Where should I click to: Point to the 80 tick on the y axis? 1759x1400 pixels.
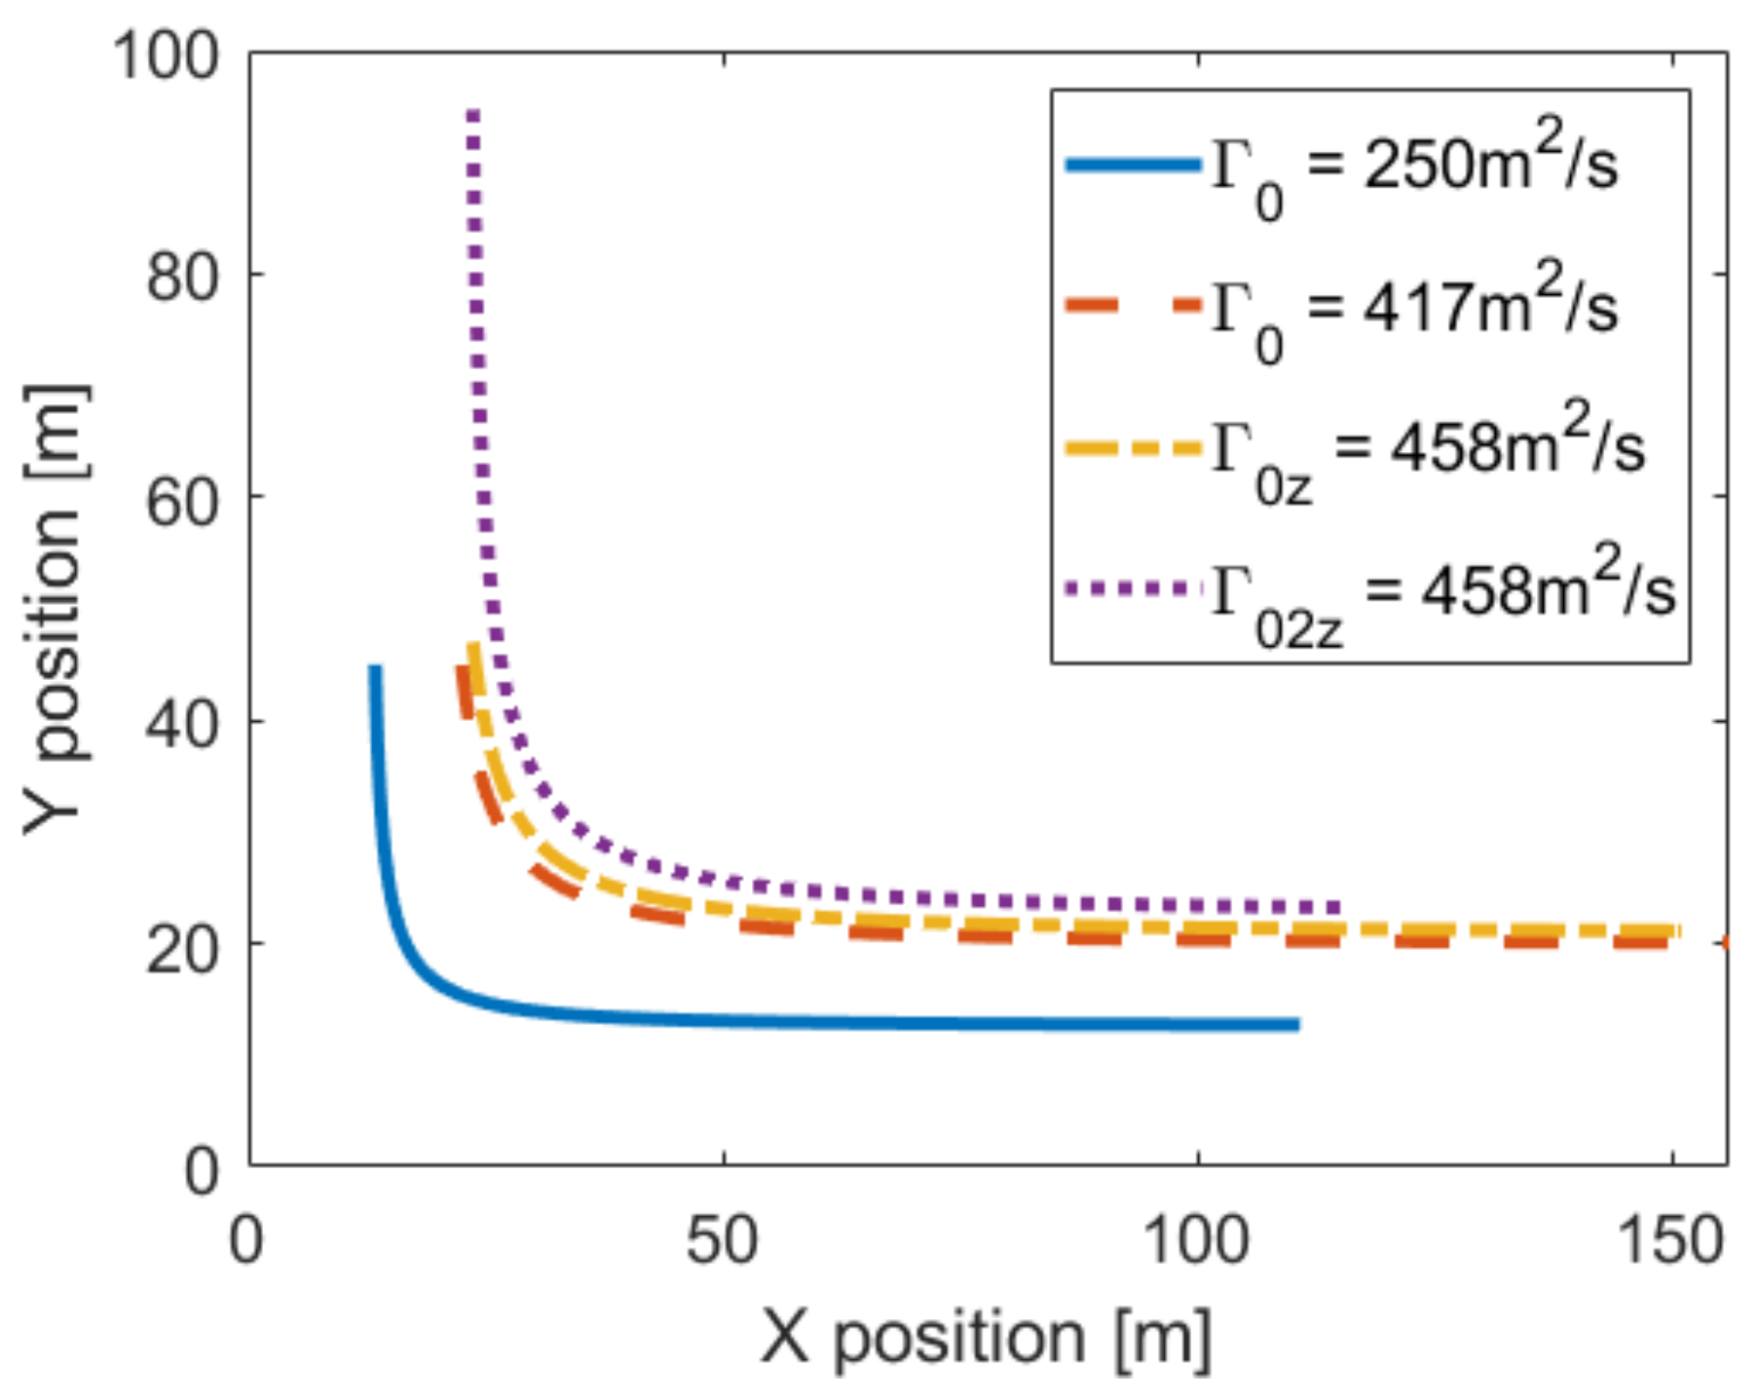tap(181, 277)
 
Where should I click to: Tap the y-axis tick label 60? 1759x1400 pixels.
tap(181, 501)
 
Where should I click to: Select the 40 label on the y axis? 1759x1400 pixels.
tap(181, 724)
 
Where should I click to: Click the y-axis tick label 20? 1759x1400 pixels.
tap(181, 947)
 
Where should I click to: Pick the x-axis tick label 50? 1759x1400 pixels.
tap(722, 1241)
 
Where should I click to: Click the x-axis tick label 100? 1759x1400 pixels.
tap(1195, 1241)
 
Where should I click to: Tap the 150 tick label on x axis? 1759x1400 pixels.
tap(1669, 1241)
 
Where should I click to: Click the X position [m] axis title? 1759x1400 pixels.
tap(986, 1337)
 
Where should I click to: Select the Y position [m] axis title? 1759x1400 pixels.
tap(56, 610)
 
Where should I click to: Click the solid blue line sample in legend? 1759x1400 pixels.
tap(1134, 165)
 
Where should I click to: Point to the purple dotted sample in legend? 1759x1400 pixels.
tap(1134, 587)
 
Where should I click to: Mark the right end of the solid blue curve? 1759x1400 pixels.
tap(1297, 1024)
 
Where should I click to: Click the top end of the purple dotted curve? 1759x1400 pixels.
tap(472, 113)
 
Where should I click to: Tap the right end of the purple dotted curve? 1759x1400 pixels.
tap(1339, 907)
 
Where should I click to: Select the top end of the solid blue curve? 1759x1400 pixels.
tap(375, 668)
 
